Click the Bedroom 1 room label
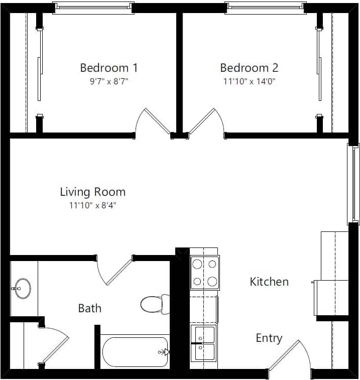(108, 68)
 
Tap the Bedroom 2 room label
(249, 68)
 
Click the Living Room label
(92, 192)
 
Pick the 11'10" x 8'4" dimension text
(92, 205)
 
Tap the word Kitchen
(269, 282)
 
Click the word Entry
(269, 338)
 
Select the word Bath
(89, 308)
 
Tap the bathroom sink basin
(22, 289)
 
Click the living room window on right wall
(354, 184)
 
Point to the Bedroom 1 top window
(93, 8)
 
